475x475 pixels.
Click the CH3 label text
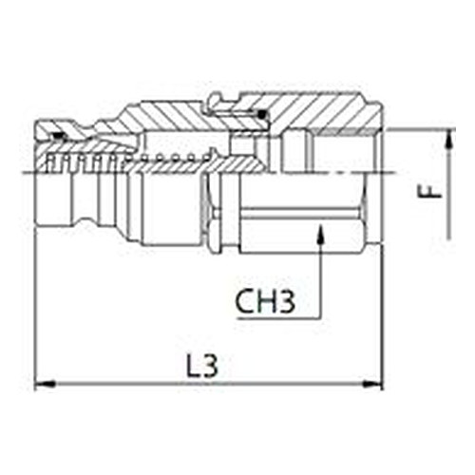pyautogui.click(x=265, y=301)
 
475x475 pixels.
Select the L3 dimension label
pyautogui.click(x=202, y=366)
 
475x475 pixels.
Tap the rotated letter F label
pyautogui.click(x=429, y=191)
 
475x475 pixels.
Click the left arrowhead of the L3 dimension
pyautogui.click(x=45, y=385)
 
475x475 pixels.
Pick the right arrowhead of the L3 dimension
pyautogui.click(x=372, y=385)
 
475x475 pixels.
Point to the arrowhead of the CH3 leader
pyautogui.click(x=320, y=234)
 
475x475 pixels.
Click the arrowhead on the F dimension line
pyautogui.click(x=449, y=139)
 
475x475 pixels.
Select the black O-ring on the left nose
pyautogui.click(x=59, y=136)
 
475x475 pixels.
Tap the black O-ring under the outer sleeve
pyautogui.click(x=261, y=115)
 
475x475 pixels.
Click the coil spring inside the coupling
pyautogui.click(x=126, y=159)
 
